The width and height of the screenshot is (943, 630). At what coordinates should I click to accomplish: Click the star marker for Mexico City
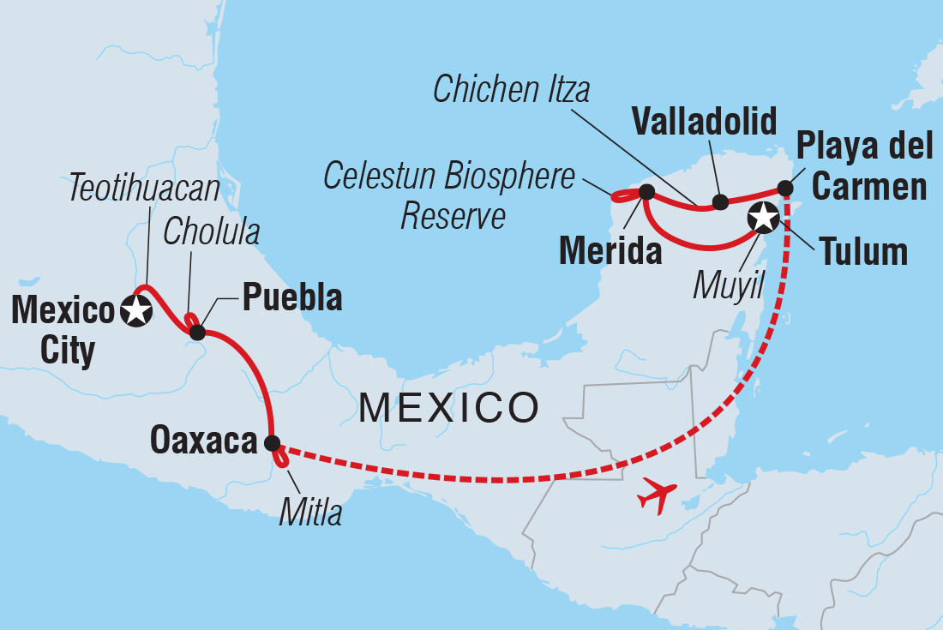coord(137,311)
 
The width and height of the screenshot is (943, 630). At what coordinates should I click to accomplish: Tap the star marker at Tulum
coord(762,218)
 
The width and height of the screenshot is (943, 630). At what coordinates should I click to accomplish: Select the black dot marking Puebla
coord(196,332)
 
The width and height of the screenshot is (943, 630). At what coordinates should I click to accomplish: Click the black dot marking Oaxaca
coord(272,443)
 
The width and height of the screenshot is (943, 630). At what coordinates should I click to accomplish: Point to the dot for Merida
coord(646,191)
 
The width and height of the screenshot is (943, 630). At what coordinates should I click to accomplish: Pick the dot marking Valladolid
coord(720,202)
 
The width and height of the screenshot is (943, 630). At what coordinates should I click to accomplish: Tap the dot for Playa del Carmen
coord(784,188)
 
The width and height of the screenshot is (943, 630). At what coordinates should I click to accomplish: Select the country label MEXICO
coord(448,407)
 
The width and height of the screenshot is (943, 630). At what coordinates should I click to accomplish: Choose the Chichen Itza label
coord(512,88)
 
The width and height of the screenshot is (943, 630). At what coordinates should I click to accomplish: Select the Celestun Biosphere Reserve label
coord(448,196)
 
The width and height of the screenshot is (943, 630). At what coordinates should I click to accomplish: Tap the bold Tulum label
coord(862,252)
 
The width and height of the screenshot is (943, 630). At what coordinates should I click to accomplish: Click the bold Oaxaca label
coord(203,441)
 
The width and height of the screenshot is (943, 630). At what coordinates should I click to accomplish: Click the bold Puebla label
coord(292,297)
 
